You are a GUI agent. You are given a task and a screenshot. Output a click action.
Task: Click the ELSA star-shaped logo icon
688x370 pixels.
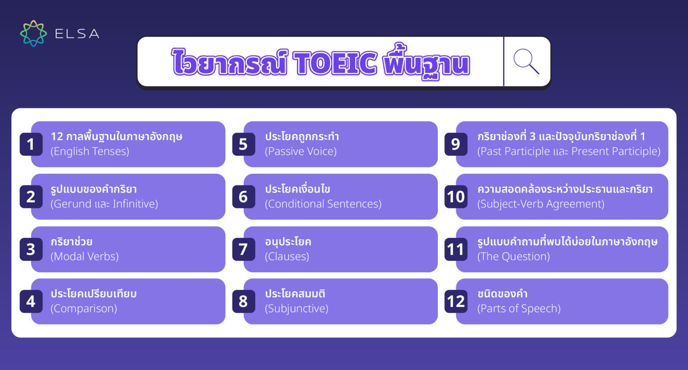coord(33,34)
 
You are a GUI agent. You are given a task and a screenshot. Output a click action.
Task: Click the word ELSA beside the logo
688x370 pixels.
coord(77,34)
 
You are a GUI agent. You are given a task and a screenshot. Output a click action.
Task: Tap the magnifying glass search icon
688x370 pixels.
coord(526,61)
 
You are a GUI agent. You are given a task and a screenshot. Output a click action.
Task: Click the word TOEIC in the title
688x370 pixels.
coord(335,63)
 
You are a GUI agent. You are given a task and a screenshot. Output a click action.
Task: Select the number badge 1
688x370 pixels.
coord(31,144)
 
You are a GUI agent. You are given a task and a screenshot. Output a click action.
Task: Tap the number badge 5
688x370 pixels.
coord(243,144)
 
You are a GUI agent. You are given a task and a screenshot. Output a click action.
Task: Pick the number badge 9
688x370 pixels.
coord(456,144)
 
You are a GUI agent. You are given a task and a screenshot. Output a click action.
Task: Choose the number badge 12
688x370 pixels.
coord(456,301)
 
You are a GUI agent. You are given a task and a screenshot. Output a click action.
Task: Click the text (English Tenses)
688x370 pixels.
coord(90,151)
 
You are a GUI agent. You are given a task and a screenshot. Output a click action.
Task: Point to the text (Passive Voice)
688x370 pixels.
coord(301,151)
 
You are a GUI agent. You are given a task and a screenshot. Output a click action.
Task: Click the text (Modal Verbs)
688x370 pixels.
coord(85,256)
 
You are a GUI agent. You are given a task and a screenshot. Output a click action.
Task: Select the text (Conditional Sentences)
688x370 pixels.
coord(323,204)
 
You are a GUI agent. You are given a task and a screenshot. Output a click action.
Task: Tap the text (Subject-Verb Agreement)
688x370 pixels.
coord(541,204)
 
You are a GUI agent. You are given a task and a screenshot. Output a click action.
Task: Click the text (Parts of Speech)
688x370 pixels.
coord(519,309)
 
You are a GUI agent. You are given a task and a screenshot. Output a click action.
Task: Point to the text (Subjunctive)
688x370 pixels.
coord(297,309)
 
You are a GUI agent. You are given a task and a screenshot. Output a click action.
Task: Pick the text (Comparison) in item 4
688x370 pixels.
coord(84,309)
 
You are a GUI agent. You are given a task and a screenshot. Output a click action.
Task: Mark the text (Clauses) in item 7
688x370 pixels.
coord(287,256)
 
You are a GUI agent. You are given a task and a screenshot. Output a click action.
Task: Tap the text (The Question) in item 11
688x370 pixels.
coord(513,256)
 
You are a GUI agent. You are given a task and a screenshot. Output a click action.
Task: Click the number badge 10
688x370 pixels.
coord(456,197)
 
